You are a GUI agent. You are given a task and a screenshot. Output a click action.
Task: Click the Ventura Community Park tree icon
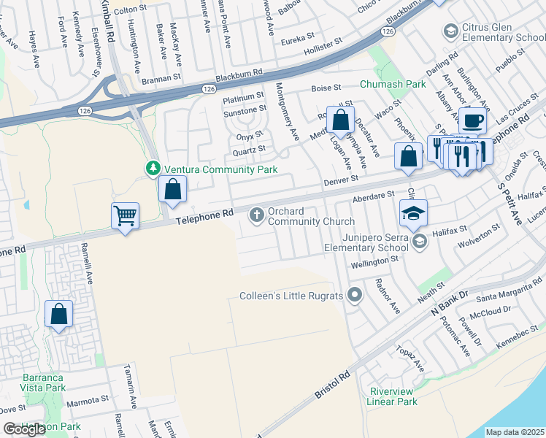[x=153, y=169]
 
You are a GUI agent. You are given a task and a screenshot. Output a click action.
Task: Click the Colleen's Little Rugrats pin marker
[x=355, y=295]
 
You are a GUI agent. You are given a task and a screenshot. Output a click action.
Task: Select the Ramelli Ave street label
[x=87, y=264]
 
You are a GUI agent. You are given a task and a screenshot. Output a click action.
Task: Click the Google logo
[x=24, y=429]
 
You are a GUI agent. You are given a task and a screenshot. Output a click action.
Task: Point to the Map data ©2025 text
[x=515, y=432]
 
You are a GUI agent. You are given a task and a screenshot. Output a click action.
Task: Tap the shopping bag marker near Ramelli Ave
[x=59, y=315]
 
